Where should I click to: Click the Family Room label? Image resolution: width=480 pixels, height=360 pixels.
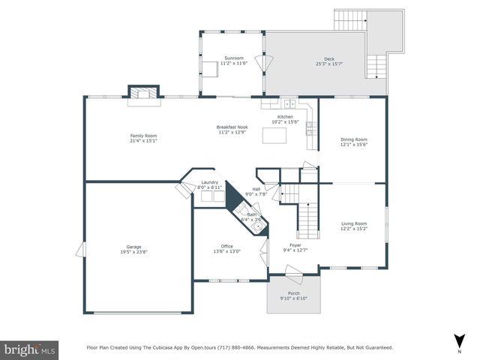pos(143,135)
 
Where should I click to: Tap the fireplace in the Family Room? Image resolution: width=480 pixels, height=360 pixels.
pos(143,92)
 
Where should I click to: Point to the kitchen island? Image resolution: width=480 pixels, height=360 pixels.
pos(271,136)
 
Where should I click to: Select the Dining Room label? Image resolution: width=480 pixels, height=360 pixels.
pos(354,139)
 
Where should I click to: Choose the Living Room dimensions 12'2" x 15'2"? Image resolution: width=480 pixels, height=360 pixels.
pos(354,228)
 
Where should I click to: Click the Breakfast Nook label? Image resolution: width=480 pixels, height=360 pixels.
pos(232,127)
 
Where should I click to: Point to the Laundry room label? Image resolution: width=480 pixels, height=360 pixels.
pos(209,182)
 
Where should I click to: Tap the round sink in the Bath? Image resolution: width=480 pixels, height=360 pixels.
pos(257,225)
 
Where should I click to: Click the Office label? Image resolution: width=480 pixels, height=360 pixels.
pos(226,246)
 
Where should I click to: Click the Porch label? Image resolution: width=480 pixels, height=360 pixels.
pos(292,293)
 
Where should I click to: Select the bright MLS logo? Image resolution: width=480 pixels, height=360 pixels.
pos(30,349)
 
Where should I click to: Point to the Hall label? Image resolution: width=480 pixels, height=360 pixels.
pos(256,189)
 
